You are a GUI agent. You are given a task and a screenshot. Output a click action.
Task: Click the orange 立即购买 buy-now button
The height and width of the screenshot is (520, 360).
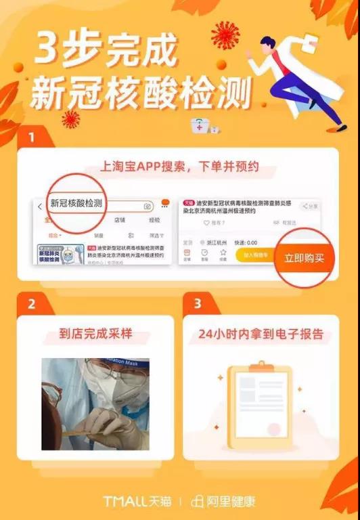point(304,258)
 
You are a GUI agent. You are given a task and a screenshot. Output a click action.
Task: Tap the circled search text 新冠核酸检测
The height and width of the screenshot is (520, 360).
point(76,204)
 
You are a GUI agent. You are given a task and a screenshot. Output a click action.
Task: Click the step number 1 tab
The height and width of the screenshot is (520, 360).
point(32,138)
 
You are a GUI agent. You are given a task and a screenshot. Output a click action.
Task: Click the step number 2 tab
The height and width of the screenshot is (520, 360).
point(32,304)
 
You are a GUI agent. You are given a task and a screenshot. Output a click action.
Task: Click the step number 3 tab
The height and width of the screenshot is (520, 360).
point(197,304)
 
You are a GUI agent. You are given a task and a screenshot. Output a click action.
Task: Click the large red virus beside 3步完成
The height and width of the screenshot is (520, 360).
point(225,34)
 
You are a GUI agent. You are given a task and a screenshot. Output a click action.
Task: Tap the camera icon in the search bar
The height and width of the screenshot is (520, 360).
point(147,206)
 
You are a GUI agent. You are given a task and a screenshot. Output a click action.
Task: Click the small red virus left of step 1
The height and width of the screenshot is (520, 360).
point(70,120)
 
